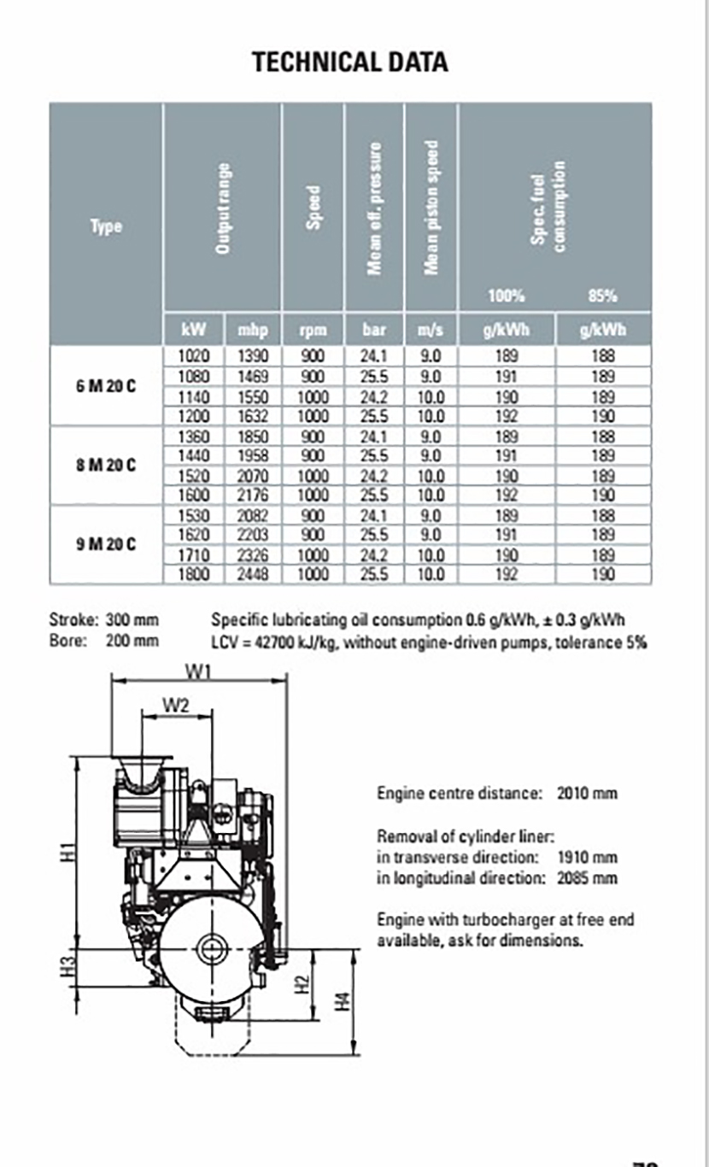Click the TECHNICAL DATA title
(350, 62)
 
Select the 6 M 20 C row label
(105, 384)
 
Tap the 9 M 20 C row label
(105, 543)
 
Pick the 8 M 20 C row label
(105, 464)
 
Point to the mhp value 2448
(252, 575)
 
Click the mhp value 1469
(252, 376)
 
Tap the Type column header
(106, 226)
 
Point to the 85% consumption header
(602, 296)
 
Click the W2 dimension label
(176, 705)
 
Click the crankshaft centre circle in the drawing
(209, 947)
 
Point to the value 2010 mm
(586, 793)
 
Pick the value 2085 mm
(586, 877)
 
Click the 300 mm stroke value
(132, 620)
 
